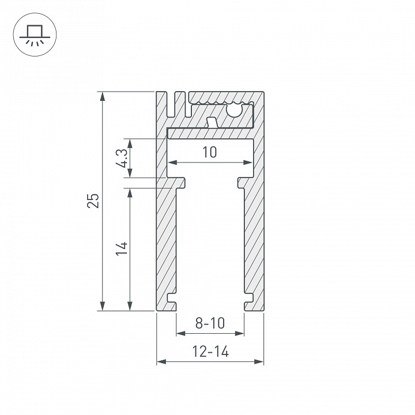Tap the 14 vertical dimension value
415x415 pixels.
tap(120, 248)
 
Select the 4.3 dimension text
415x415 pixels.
tap(121, 158)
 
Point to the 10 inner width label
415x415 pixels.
tap(210, 152)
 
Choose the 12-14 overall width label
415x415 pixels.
tap(210, 352)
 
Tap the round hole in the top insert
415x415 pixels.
tap(235, 110)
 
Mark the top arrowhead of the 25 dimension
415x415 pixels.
tap(103, 96)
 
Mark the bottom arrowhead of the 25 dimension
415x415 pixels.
tap(103, 306)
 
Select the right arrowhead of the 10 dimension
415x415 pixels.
tap(249, 163)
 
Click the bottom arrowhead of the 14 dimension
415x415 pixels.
tap(130, 306)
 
